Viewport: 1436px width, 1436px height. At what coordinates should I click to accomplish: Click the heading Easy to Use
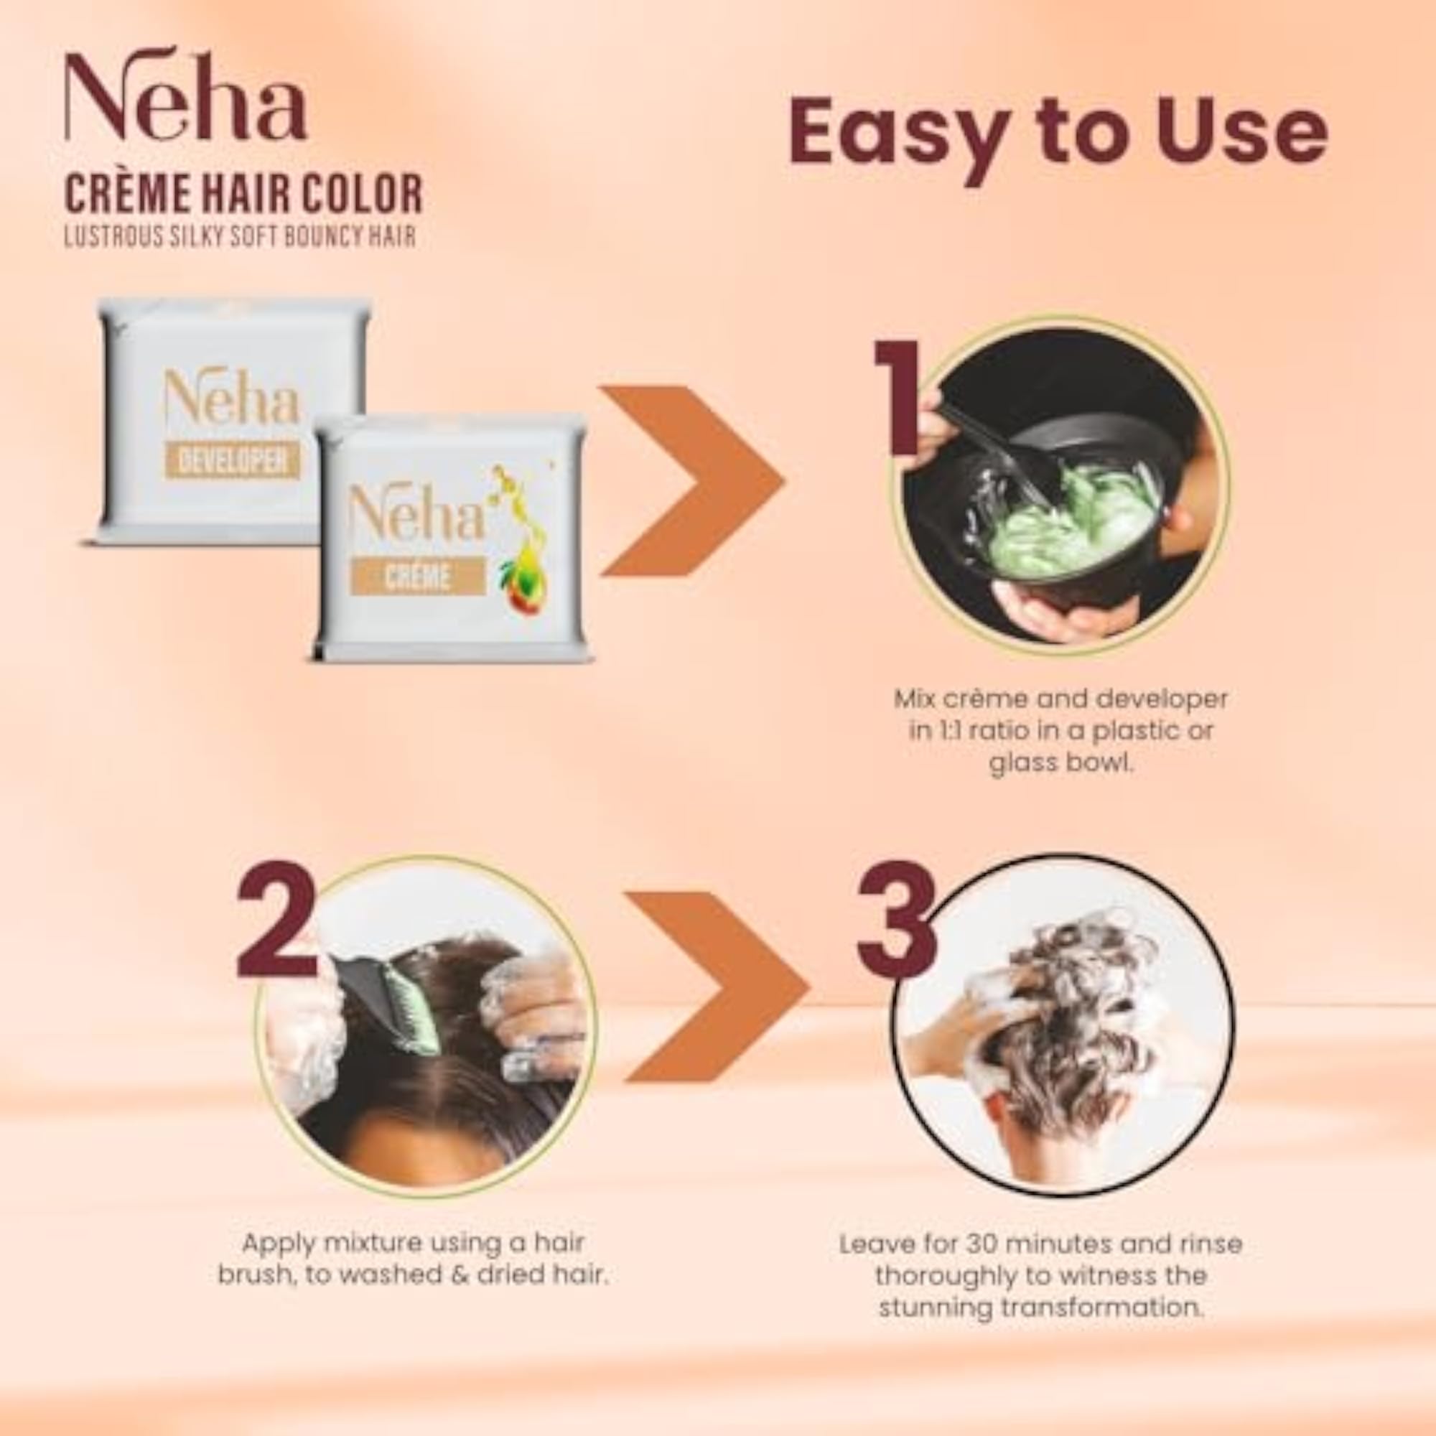[1058, 136]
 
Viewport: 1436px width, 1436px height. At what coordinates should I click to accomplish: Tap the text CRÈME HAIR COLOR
[244, 194]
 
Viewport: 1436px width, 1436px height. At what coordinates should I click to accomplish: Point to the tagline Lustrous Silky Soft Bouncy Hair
[240, 236]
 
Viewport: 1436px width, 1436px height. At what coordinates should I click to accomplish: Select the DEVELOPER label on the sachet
[233, 461]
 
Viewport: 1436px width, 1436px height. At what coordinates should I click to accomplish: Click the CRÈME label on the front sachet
[417, 577]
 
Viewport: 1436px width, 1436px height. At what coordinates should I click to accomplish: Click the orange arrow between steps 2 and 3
[717, 987]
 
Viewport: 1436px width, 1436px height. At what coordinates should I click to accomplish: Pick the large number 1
[898, 398]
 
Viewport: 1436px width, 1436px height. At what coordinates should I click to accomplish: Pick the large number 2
[276, 919]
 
